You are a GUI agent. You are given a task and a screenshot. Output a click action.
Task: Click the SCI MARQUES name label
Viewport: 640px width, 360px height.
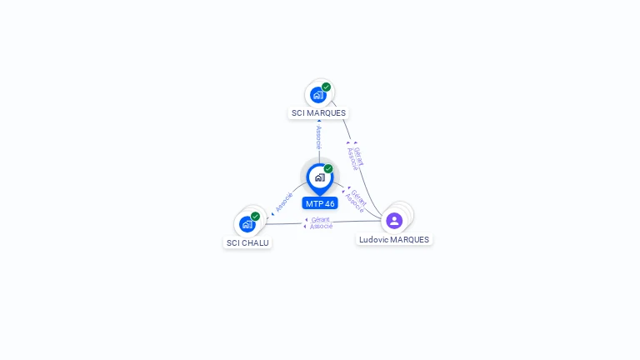click(318, 113)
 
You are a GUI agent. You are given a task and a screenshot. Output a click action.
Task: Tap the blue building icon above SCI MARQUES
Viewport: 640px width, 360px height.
click(317, 95)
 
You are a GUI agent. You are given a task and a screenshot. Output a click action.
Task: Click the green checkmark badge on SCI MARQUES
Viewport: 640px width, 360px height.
click(326, 87)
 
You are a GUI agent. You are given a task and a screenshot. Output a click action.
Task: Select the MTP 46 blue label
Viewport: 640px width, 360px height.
click(320, 203)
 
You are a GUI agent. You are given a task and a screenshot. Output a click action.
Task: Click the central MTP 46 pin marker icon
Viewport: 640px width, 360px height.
click(320, 179)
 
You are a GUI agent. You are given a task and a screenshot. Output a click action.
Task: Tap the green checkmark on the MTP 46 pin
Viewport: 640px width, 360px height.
click(328, 168)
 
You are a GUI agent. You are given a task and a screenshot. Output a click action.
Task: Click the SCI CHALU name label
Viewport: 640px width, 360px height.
click(247, 242)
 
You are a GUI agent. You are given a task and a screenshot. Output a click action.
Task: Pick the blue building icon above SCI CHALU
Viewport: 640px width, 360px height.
click(247, 224)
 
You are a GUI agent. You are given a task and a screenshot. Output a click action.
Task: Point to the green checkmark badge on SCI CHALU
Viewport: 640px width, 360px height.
click(256, 217)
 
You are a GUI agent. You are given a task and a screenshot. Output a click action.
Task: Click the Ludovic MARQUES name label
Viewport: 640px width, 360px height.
click(394, 240)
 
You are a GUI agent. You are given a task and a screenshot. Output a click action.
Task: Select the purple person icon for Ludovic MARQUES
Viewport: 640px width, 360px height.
click(394, 221)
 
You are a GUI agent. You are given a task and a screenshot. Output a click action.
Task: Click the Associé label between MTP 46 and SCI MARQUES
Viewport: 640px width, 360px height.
click(319, 137)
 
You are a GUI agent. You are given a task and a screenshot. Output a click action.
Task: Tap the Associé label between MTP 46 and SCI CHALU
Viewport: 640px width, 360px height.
click(284, 202)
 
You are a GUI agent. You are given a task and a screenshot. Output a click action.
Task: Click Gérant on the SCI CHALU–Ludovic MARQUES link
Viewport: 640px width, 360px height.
click(320, 220)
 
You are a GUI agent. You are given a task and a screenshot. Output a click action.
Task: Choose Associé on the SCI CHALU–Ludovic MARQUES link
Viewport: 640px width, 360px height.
click(321, 226)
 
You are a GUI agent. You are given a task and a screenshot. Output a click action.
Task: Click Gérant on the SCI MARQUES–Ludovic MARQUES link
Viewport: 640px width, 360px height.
click(358, 157)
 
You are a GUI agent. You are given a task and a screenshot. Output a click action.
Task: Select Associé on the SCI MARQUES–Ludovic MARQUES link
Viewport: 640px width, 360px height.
click(352, 159)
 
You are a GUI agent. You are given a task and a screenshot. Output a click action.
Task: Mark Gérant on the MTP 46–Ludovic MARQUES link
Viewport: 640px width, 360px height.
click(359, 197)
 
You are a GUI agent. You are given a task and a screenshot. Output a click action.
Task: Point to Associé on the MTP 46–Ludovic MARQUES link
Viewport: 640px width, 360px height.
click(354, 202)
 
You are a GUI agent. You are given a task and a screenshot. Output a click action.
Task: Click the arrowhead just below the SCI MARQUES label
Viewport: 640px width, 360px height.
click(319, 121)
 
